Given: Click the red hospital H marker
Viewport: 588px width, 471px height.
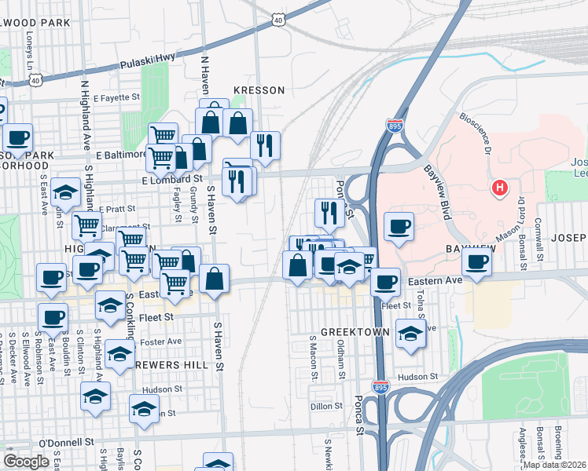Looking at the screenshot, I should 499,188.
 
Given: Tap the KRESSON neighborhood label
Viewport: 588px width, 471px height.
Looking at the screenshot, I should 258,90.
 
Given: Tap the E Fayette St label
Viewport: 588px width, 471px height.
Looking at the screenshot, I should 116,98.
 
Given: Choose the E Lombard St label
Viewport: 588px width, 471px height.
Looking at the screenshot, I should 172,180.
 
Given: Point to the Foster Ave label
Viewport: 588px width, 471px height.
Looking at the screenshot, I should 163,341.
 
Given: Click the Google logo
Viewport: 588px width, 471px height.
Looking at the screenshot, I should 27,462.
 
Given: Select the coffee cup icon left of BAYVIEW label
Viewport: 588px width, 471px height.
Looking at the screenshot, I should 399,227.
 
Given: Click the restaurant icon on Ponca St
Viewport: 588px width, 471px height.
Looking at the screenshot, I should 329,212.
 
